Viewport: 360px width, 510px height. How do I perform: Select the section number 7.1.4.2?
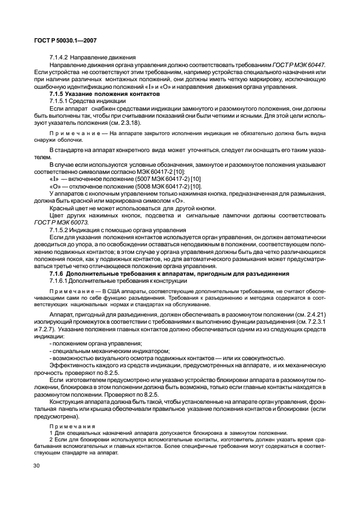coord(59,58)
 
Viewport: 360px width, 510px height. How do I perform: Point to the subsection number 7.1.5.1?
coord(59,101)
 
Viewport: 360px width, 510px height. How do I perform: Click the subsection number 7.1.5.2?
coord(59,230)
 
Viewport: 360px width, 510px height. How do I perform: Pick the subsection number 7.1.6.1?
coord(59,280)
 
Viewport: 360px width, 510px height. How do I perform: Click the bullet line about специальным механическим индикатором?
coord(109,350)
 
